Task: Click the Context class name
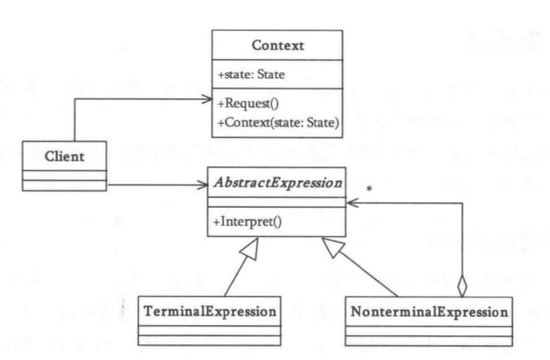(x=277, y=46)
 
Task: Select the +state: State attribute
(x=251, y=74)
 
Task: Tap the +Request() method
(x=243, y=104)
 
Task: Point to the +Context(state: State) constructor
(x=278, y=122)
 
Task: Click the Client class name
(x=64, y=156)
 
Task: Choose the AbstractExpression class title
(x=277, y=183)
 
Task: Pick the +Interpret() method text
(x=247, y=224)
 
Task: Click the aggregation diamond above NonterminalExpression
(x=461, y=285)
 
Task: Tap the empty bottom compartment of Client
(x=64, y=185)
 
